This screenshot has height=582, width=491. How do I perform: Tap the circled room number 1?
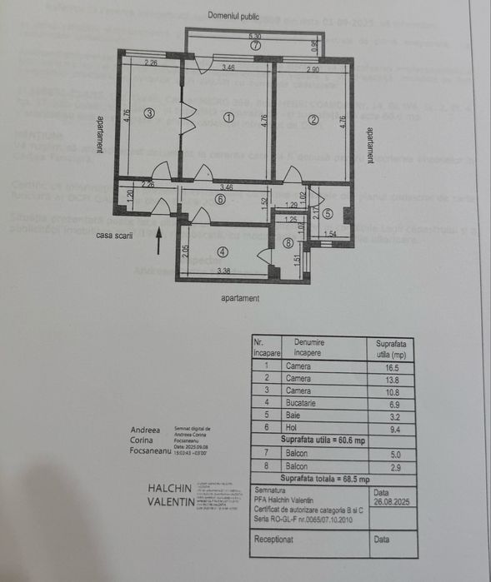pos(228,118)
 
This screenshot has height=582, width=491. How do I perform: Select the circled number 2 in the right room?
pos(313,119)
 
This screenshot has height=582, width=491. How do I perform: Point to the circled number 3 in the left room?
pos(148,113)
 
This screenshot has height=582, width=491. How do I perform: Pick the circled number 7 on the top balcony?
pos(256,47)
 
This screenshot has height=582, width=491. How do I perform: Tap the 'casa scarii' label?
pos(115,236)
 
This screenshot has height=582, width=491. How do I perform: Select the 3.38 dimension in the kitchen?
pos(223,271)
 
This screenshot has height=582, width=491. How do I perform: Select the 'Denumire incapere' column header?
pos(308,347)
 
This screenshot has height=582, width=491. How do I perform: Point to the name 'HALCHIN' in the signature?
pos(169,488)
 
